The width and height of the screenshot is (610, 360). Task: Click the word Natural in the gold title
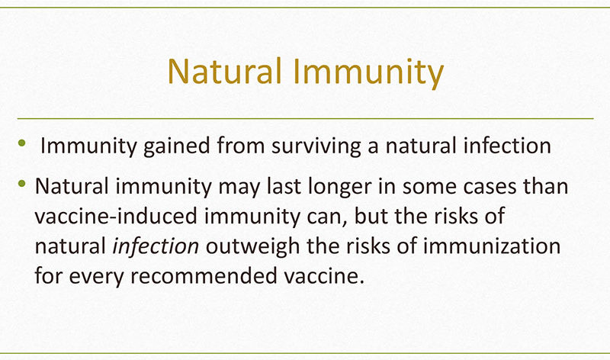224,71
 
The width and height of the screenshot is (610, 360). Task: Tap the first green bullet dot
22,143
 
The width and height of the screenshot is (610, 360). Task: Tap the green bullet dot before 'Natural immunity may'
22,183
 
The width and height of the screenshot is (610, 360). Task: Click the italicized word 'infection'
156,246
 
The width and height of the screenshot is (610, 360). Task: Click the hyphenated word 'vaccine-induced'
116,216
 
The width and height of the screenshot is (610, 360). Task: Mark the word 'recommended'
204,276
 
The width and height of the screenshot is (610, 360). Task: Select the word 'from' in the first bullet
241,146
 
